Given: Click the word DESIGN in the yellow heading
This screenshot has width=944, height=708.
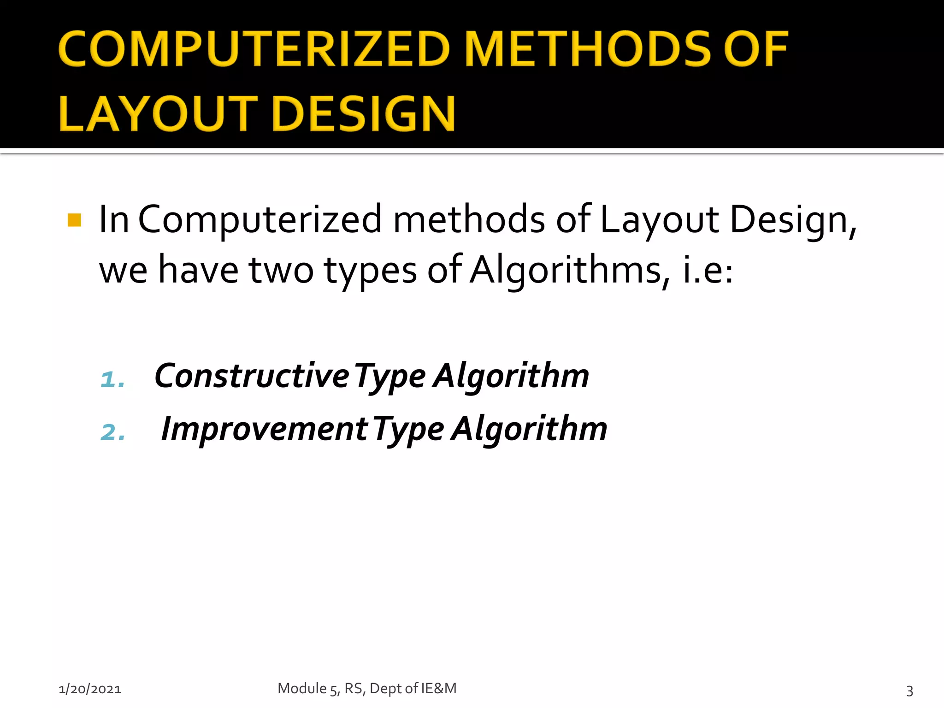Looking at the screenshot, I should pyautogui.click(x=364, y=114).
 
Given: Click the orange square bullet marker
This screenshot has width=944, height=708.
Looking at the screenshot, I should pyautogui.click(x=74, y=220).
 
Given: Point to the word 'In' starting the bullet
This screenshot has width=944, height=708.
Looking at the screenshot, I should pyautogui.click(x=113, y=219).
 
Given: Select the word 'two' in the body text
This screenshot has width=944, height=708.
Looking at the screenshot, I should pyautogui.click(x=281, y=270).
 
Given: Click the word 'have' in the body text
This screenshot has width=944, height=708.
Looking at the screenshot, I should pyautogui.click(x=199, y=270).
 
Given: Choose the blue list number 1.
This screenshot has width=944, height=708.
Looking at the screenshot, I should pyautogui.click(x=112, y=379).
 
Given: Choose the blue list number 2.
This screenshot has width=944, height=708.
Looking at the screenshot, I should pyautogui.click(x=112, y=432).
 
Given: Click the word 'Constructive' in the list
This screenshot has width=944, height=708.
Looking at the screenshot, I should pyautogui.click(x=252, y=376).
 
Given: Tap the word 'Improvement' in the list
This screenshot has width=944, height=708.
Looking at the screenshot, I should pyautogui.click(x=265, y=429).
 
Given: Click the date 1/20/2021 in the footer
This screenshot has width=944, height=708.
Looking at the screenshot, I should pyautogui.click(x=90, y=689).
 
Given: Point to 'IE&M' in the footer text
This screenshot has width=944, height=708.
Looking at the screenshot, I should pyautogui.click(x=438, y=688).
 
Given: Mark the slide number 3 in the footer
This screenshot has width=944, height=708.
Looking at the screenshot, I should pyautogui.click(x=909, y=690).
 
